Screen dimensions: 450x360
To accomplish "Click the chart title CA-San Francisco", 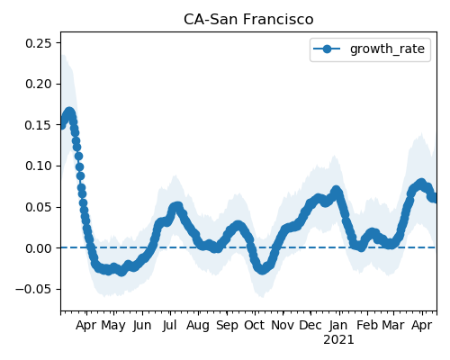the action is pyautogui.click(x=248, y=20).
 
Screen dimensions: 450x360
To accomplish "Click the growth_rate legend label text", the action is pyautogui.click(x=387, y=49).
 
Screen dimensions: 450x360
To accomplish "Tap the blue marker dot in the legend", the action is pyautogui.click(x=327, y=49).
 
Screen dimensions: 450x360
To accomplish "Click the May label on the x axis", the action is pyautogui.click(x=113, y=325).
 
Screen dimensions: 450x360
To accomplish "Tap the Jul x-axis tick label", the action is pyautogui.click(x=170, y=325).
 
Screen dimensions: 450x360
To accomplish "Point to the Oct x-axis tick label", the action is pyautogui.click(x=255, y=325).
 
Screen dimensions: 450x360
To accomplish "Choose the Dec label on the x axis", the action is pyautogui.click(x=310, y=325).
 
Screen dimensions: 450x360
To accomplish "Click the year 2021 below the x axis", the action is pyautogui.click(x=338, y=340).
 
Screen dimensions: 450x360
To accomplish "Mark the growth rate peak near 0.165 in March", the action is pyautogui.click(x=69, y=112).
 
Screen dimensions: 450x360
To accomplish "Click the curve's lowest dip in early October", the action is pyautogui.click(x=262, y=269).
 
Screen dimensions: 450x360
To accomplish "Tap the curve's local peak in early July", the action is pyautogui.click(x=177, y=206).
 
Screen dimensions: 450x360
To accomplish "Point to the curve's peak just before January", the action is pyautogui.click(x=337, y=191).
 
